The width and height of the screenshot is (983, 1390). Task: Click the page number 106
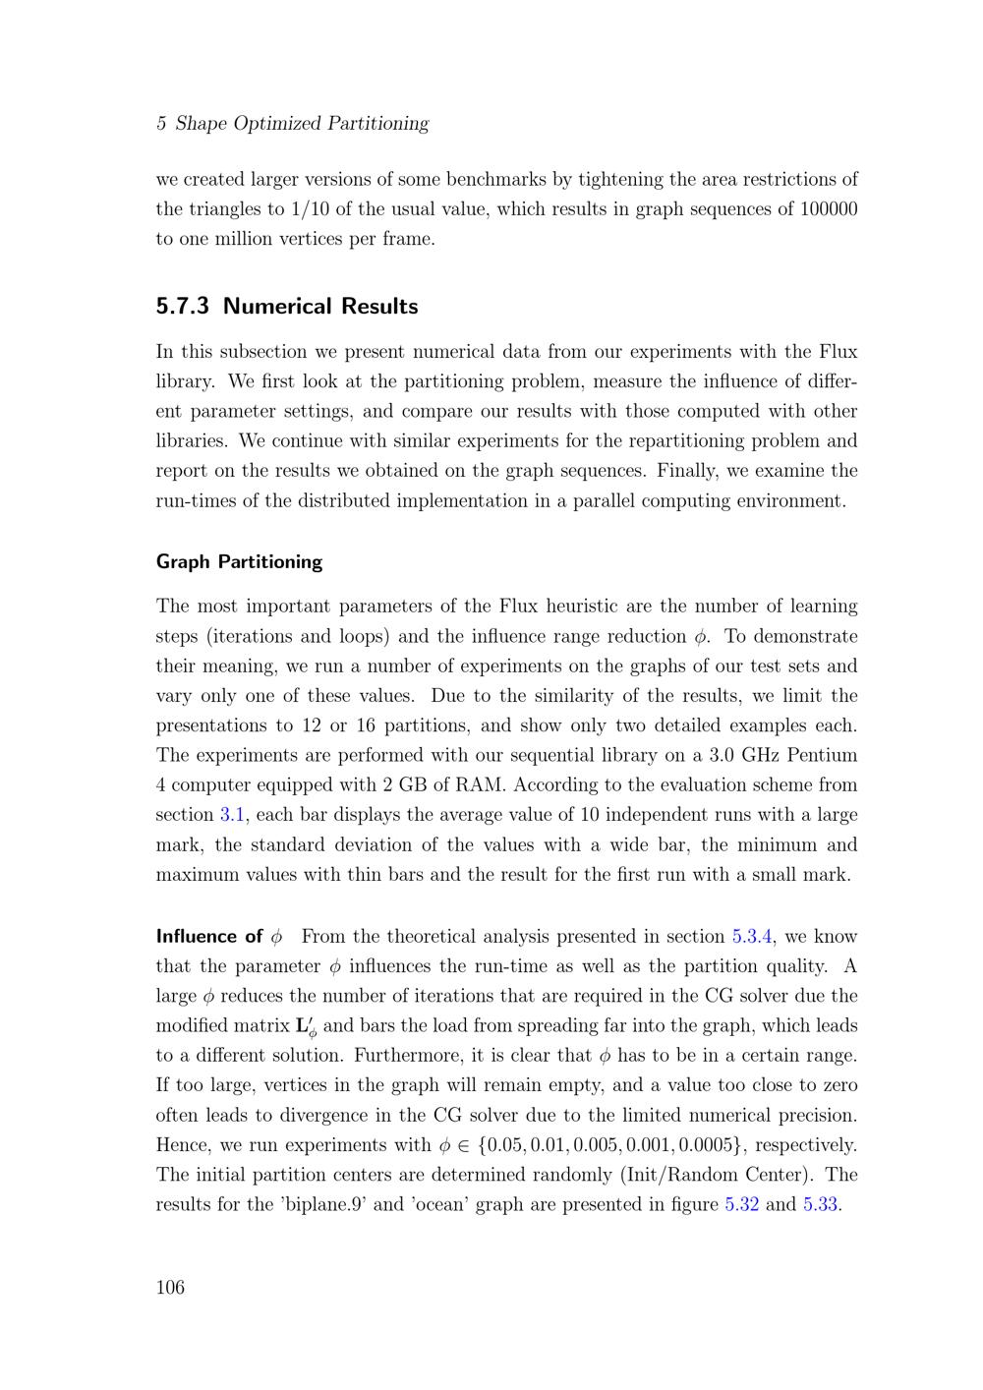click(x=170, y=1288)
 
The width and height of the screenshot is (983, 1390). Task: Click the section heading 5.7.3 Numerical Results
click(x=287, y=306)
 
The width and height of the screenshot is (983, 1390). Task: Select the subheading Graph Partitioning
click(x=239, y=561)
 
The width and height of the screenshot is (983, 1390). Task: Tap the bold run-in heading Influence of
click(x=209, y=936)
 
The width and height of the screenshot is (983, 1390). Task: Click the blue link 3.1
click(x=232, y=815)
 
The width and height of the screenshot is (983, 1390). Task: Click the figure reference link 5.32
click(x=741, y=1204)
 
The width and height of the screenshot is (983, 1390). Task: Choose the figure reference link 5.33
click(x=820, y=1204)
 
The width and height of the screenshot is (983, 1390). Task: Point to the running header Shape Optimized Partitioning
click(x=302, y=123)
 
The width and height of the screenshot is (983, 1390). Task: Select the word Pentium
click(x=818, y=755)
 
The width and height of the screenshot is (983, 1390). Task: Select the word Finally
click(x=695, y=470)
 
